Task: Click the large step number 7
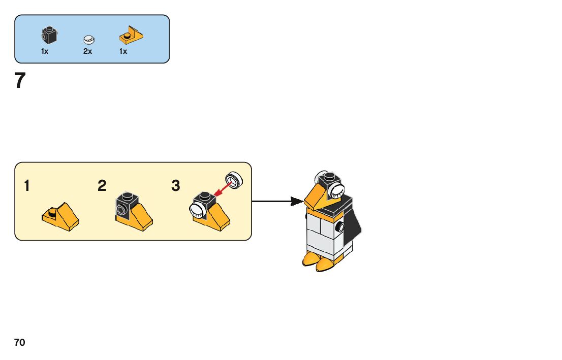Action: click(20, 81)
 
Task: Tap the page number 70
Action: click(19, 343)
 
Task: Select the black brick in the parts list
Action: click(48, 36)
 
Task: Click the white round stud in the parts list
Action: click(89, 39)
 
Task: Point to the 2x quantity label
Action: click(88, 51)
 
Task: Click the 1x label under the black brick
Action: click(45, 51)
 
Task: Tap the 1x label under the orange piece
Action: click(123, 51)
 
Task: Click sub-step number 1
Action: click(26, 186)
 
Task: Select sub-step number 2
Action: click(102, 186)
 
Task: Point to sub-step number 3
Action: click(176, 186)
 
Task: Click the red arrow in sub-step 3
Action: click(222, 189)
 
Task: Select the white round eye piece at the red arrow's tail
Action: click(234, 179)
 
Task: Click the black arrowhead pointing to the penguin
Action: click(297, 202)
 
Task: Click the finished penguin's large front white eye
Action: click(336, 190)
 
